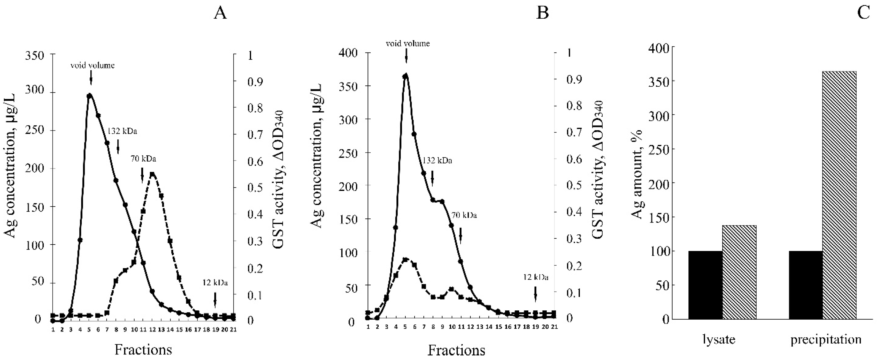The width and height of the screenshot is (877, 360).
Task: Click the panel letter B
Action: pos(542,13)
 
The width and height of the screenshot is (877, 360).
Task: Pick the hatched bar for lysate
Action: pos(739,272)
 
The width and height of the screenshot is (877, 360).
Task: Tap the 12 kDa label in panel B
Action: pos(536,277)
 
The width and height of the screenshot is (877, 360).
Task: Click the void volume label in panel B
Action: pos(408,44)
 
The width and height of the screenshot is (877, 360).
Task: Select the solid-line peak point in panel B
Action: pos(405,76)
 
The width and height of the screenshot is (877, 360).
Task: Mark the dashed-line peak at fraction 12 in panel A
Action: pos(152,174)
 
